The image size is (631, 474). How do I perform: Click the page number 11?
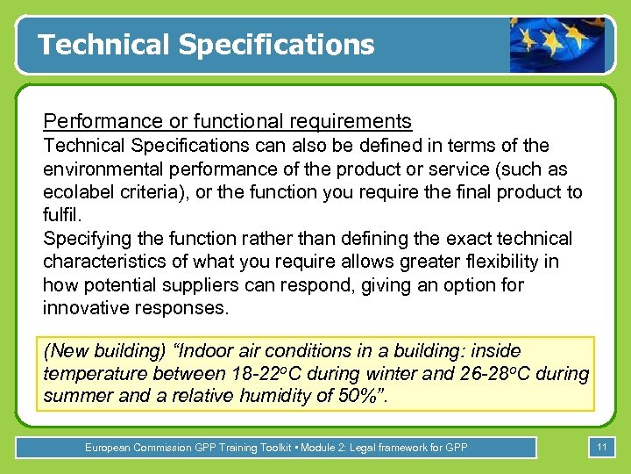pos(601,448)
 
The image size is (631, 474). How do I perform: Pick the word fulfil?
pos(60,215)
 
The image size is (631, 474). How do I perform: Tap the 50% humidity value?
pos(360,396)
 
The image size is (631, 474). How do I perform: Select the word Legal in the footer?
pos(365,448)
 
